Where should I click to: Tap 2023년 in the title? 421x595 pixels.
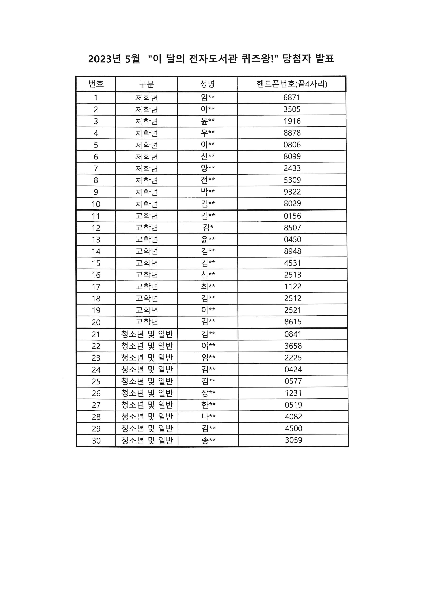(104, 59)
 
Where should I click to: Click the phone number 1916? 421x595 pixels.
(292, 121)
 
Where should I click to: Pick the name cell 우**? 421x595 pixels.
(208, 133)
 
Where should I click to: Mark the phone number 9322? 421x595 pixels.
(292, 192)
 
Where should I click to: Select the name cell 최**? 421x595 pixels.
(208, 286)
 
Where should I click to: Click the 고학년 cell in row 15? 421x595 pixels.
(147, 263)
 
